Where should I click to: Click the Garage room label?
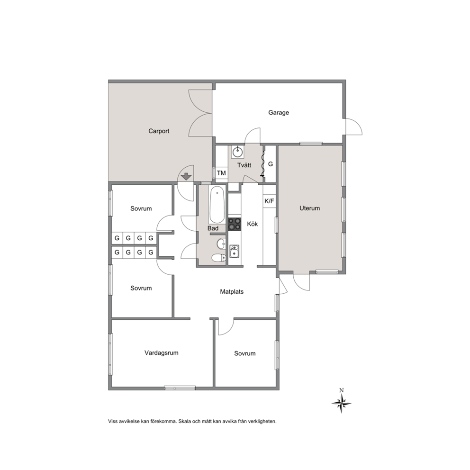279,113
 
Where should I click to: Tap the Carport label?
159,131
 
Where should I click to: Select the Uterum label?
310,208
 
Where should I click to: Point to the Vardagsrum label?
161,353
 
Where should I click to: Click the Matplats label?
232,292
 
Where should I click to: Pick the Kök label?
253,224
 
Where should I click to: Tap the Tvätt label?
244,165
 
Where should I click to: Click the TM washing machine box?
221,173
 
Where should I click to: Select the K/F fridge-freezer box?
269,201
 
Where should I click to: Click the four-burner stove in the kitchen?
235,224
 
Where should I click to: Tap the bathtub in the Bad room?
217,205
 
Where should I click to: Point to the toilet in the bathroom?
218,258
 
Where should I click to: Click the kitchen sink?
234,251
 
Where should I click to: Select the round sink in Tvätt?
237,152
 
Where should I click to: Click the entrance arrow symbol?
187,177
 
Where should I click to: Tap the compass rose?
342,404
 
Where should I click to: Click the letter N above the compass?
342,390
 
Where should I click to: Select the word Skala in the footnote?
185,421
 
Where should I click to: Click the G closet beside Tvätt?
271,164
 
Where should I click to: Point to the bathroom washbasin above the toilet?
222,244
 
